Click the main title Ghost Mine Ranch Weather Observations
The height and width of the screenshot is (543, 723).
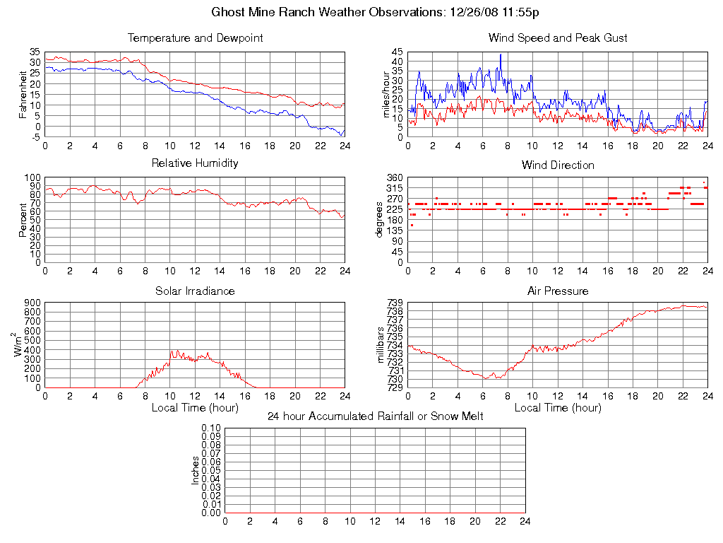(376, 12)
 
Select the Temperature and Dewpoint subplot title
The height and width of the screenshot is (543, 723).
(195, 38)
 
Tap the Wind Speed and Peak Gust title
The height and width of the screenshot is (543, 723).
(558, 38)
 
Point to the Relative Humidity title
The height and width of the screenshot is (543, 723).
(195, 163)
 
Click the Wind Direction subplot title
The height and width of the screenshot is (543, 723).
(558, 165)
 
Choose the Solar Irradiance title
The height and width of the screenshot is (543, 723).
(195, 291)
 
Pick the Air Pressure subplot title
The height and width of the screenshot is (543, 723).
(558, 291)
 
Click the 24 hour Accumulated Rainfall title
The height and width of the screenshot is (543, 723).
(376, 416)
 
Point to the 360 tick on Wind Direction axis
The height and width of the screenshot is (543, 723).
(395, 177)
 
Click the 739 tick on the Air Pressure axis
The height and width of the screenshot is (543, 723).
(395, 303)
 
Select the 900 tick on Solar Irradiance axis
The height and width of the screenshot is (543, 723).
(32, 303)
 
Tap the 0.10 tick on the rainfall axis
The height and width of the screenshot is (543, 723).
(211, 428)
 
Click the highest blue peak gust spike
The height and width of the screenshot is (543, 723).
(501, 54)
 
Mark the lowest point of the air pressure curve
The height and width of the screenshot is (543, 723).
(486, 379)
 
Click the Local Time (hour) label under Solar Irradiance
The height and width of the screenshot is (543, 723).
(195, 408)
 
